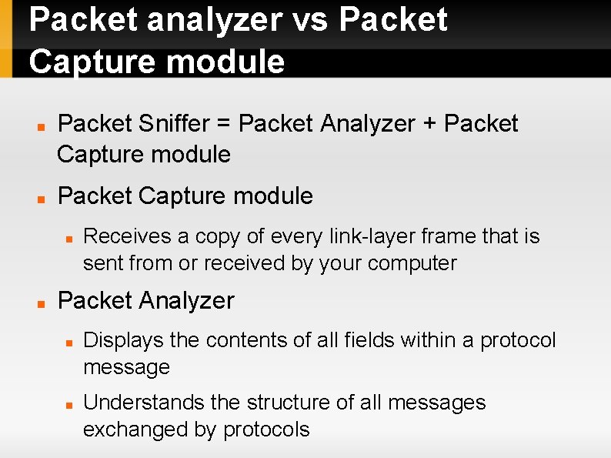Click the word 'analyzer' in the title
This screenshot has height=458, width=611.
pyautogui.click(x=207, y=20)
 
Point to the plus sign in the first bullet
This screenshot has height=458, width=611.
pyautogui.click(x=429, y=124)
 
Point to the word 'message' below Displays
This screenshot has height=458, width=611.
pyautogui.click(x=126, y=367)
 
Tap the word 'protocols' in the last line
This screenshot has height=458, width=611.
pyautogui.click(x=266, y=430)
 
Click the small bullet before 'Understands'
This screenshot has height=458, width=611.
pyautogui.click(x=69, y=403)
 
